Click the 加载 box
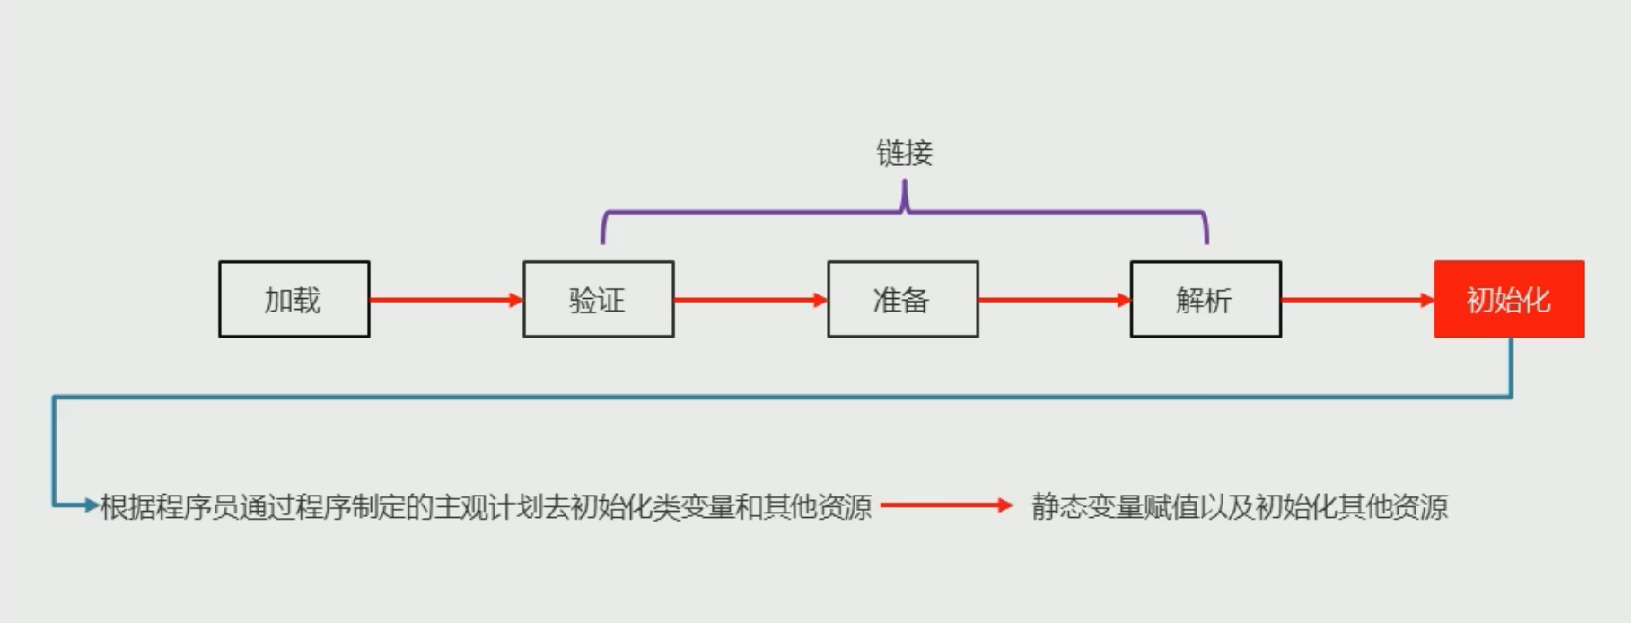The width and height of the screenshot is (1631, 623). coord(294,300)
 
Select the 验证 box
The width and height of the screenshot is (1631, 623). coord(598,300)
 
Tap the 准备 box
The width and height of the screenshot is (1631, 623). coord(902,300)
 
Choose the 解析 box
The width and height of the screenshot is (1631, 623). coord(1205,300)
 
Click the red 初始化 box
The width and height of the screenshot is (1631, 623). coord(1509,300)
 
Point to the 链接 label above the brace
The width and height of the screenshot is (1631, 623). coord(904,154)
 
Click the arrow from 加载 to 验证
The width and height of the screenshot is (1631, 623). coord(445,300)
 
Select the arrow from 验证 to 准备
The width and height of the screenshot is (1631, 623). coord(750,300)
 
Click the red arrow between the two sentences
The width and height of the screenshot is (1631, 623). coord(946,505)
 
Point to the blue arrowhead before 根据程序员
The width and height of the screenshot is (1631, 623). coord(91,505)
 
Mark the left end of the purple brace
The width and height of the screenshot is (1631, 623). coord(603,237)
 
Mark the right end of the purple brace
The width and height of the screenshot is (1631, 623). coord(1206,237)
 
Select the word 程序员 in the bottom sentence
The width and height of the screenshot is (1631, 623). coord(190,507)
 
